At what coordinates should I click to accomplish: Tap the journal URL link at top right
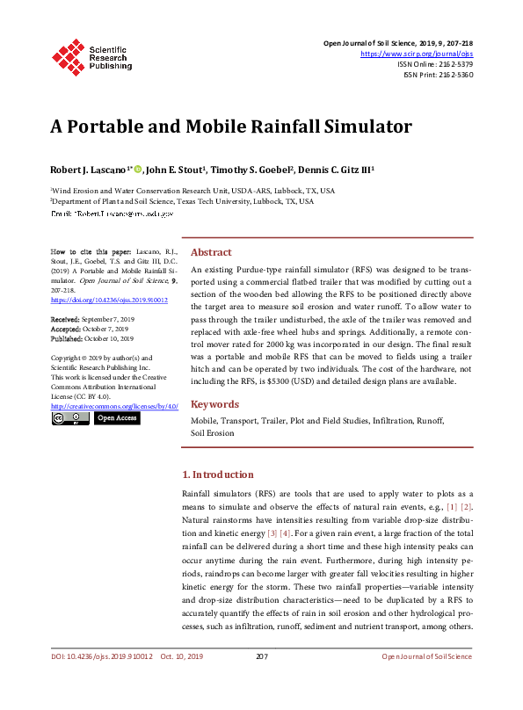point(418,54)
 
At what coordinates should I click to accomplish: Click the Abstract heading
point(211,251)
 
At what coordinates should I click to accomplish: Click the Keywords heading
point(214,404)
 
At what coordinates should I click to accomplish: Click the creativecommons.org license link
point(113,407)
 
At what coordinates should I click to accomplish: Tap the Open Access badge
point(117,419)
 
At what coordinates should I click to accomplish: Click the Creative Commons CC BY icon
point(70,419)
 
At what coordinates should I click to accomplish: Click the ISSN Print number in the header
point(454,75)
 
